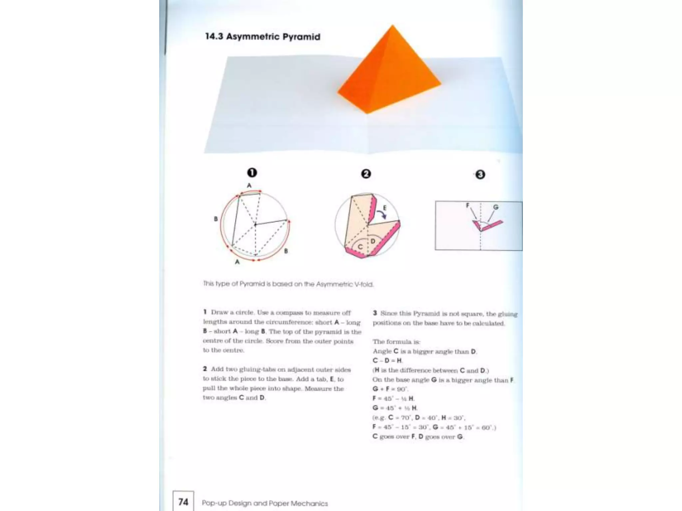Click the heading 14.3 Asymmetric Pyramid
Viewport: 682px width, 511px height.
tap(262, 37)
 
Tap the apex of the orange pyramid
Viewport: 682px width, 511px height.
tap(393, 26)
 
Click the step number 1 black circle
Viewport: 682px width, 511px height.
tap(252, 173)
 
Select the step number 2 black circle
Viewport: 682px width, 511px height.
tap(366, 174)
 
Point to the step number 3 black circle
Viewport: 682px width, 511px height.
tap(480, 175)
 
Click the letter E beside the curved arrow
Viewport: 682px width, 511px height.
tap(385, 208)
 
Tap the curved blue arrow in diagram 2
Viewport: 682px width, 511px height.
tap(382, 215)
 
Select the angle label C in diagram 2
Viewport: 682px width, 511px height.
tap(360, 247)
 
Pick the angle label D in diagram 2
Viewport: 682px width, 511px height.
tap(373, 241)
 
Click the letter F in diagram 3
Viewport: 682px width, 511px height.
tap(468, 205)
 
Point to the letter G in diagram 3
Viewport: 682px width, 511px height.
tap(496, 207)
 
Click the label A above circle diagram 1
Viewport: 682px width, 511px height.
tap(249, 186)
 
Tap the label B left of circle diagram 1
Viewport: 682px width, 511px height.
tap(216, 219)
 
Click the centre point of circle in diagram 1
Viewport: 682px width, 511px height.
tap(255, 225)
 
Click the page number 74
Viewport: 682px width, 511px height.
tap(183, 502)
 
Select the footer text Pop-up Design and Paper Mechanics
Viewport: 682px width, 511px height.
tap(265, 503)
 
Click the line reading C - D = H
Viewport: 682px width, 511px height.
tap(387, 360)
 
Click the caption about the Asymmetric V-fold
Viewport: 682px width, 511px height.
tap(288, 284)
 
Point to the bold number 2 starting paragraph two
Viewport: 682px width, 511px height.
tap(205, 369)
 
